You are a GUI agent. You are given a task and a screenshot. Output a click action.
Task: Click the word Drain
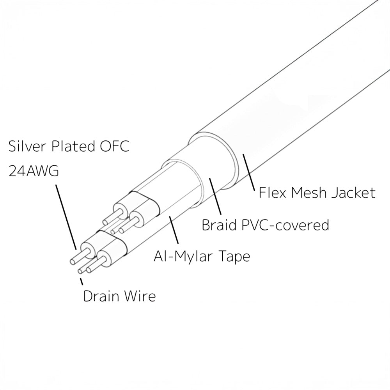point(101,296)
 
